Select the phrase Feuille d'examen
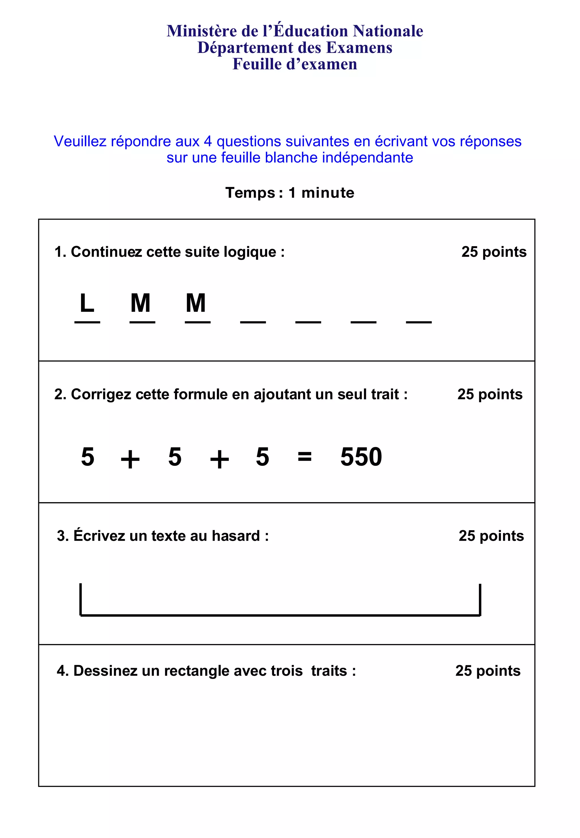(x=295, y=64)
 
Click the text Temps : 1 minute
(x=290, y=193)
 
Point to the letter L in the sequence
(x=87, y=303)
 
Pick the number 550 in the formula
(x=361, y=457)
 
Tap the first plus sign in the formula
(x=130, y=459)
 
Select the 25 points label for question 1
(x=494, y=252)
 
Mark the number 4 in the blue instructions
(x=208, y=141)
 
